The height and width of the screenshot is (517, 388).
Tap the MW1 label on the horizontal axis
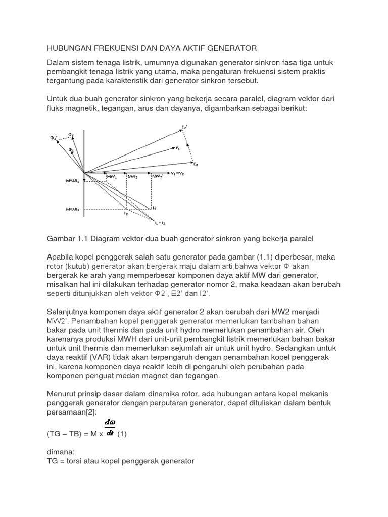[112, 177]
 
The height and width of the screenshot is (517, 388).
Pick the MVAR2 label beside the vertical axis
[73, 208]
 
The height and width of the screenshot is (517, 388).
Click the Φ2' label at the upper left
[54, 138]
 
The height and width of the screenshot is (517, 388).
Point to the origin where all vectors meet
[84, 173]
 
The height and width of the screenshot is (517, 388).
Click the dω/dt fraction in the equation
[109, 427]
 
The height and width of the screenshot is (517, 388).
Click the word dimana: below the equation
[62, 452]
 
